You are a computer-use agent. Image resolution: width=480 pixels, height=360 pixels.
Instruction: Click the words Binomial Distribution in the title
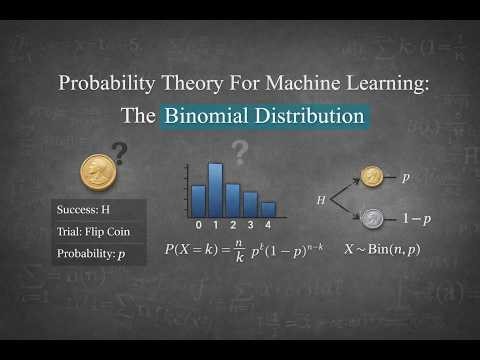(x=265, y=116)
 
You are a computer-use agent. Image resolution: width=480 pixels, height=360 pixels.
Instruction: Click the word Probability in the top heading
(x=103, y=83)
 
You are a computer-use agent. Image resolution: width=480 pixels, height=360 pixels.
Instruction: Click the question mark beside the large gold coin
(x=120, y=153)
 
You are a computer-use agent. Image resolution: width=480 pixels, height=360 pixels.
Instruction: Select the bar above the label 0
(x=198, y=200)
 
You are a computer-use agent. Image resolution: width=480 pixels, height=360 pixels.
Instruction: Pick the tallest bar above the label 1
(x=215, y=189)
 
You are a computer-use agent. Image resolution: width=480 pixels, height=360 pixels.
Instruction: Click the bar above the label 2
(x=232, y=199)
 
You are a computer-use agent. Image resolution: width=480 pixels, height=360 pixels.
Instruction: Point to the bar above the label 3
(x=250, y=204)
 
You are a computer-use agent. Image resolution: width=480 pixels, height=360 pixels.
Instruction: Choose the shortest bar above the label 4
(x=267, y=209)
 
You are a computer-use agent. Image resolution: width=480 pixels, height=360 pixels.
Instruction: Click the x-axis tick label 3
(x=250, y=225)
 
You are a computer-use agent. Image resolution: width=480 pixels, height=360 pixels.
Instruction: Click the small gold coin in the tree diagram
(x=373, y=177)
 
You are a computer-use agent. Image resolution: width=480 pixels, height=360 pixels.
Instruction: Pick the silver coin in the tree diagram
(x=373, y=217)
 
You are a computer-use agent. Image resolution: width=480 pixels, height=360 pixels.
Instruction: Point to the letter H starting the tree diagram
(x=321, y=200)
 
